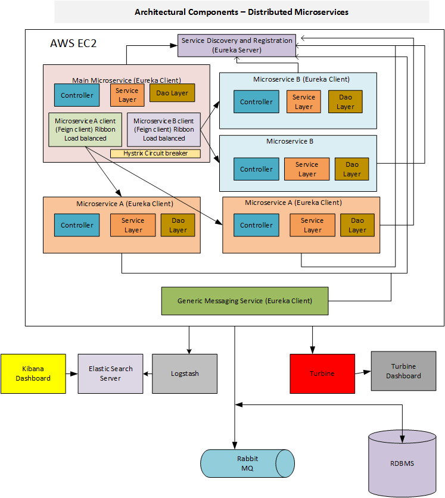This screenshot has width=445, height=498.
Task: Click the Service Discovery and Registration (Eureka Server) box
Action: coord(237,46)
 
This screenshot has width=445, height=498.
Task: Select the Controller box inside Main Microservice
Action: coord(77,95)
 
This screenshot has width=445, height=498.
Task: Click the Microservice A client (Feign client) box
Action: coord(85,129)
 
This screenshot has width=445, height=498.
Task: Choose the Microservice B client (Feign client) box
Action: coord(164,129)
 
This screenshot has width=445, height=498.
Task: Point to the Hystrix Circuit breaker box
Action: coord(155,154)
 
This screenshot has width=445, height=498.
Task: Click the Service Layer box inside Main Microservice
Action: coord(127,95)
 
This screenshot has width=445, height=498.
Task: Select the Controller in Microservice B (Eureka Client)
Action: coord(256,102)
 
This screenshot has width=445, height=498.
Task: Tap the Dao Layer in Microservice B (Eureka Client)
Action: coord(345,102)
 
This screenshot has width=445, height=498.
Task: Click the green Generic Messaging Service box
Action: coord(245,301)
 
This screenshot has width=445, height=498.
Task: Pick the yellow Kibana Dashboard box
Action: coord(33,374)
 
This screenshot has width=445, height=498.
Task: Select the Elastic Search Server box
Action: coord(110,374)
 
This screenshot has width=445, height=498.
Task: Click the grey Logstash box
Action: coord(185,374)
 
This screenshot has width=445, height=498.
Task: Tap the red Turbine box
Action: coord(322,374)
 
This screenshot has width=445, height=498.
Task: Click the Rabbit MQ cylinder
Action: coord(247,463)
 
